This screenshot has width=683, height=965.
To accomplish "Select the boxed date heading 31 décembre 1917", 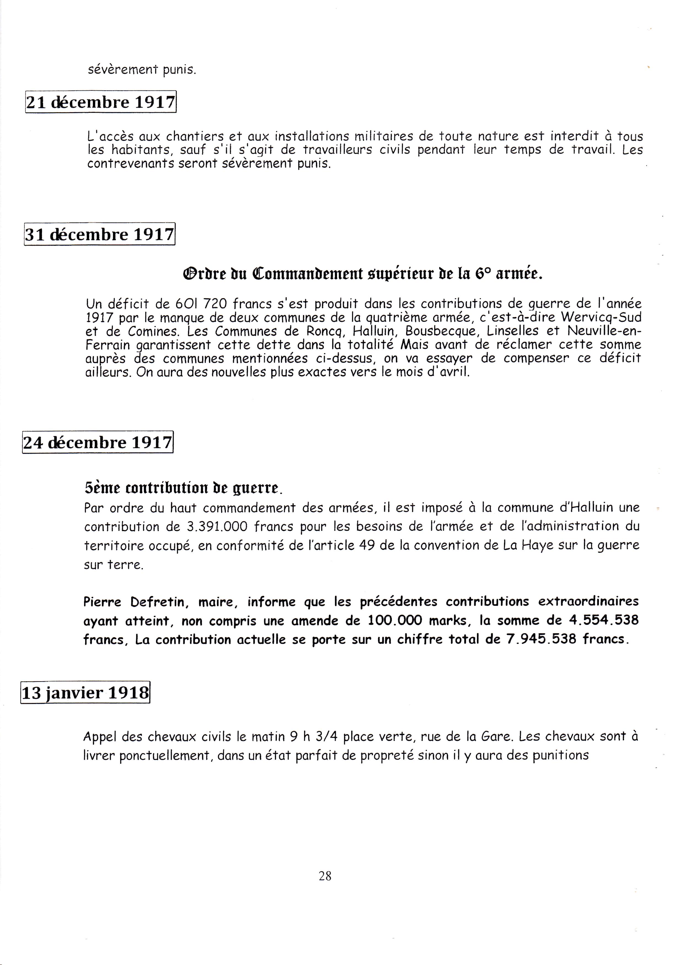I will (100, 234).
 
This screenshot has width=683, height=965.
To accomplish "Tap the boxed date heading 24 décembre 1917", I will (98, 442).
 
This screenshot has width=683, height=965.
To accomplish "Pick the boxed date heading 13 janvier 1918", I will (85, 692).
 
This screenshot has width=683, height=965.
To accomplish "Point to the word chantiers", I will (195, 137).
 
